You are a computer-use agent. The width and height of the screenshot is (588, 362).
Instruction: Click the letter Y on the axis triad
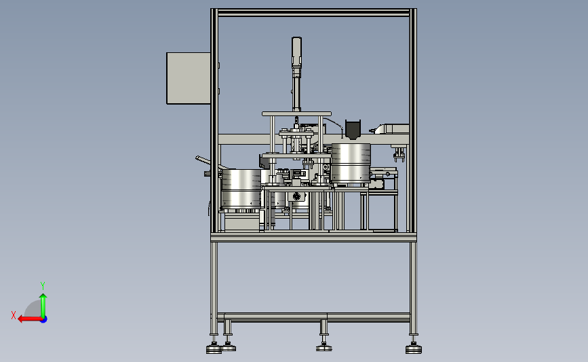(43, 286)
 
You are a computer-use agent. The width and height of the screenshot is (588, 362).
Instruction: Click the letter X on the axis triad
(14, 315)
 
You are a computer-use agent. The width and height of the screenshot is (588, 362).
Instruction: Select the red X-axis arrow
(30, 319)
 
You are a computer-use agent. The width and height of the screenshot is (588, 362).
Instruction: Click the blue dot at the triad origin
(44, 320)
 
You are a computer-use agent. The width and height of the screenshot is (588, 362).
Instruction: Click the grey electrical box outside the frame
(189, 78)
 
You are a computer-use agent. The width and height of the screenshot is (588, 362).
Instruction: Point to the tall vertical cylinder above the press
(296, 73)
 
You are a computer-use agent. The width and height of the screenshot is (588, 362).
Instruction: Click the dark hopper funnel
(353, 130)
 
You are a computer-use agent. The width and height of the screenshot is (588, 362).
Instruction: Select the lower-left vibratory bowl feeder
(241, 189)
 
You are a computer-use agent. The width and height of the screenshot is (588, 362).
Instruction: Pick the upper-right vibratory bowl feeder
(351, 163)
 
